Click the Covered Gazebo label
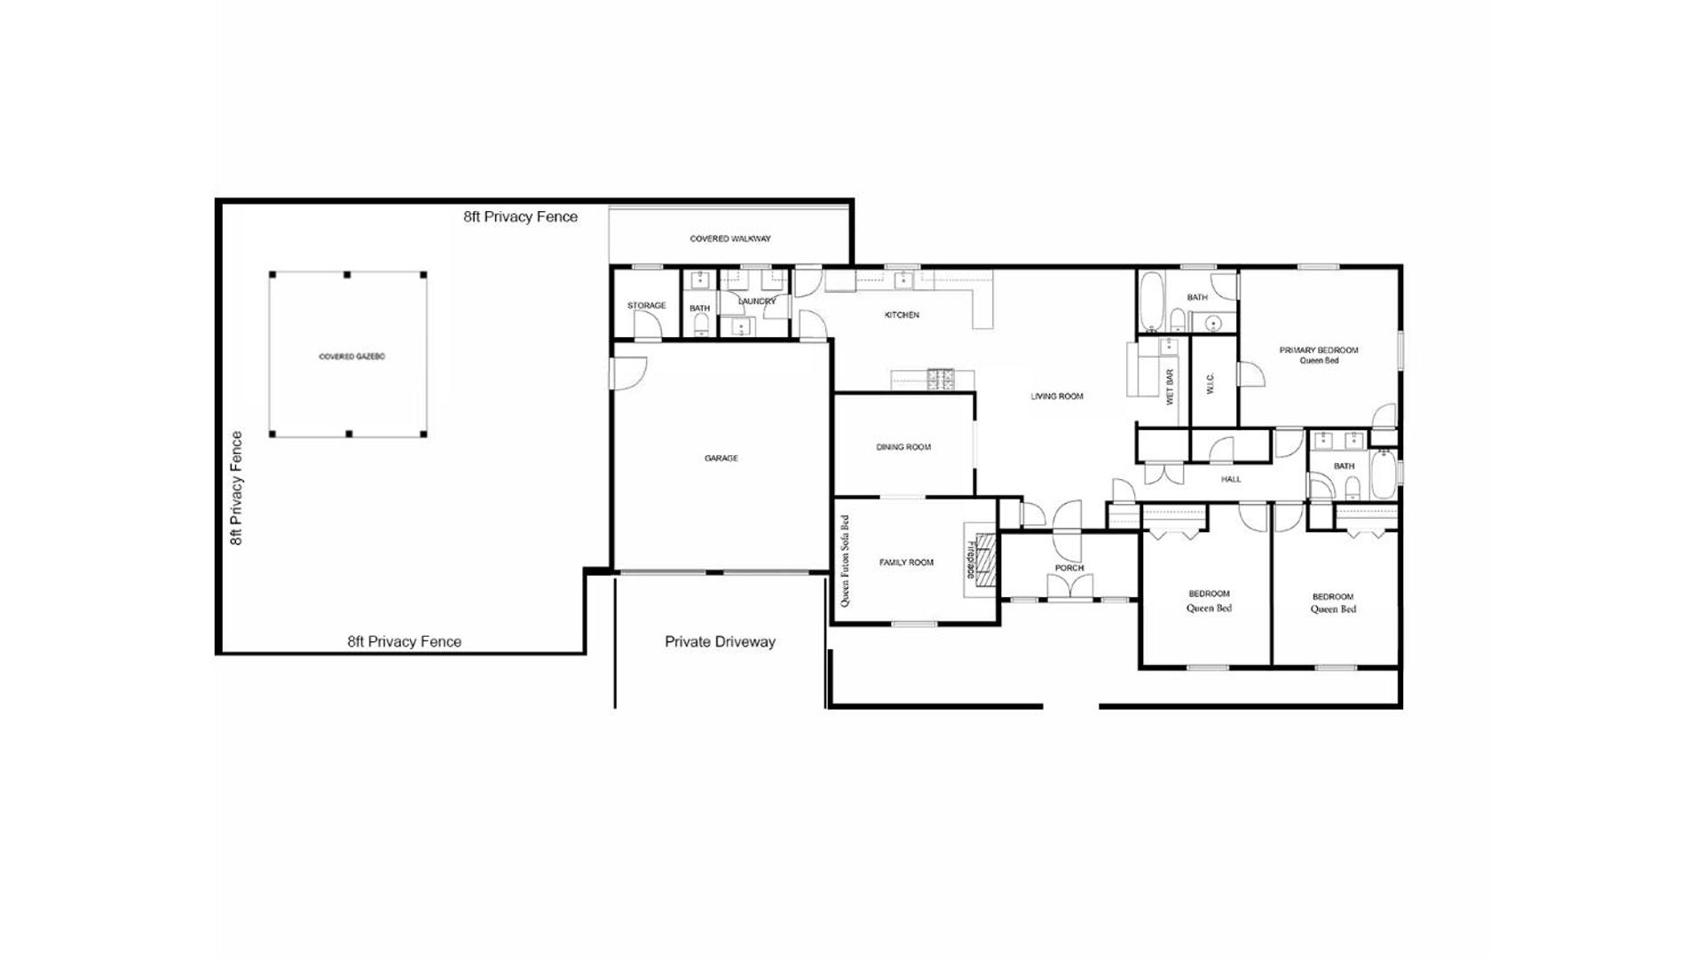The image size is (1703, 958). (351, 357)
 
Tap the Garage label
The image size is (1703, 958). (721, 459)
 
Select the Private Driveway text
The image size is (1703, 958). (720, 641)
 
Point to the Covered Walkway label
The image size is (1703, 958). (730, 239)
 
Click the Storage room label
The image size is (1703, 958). (646, 306)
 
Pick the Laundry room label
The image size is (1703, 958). (757, 302)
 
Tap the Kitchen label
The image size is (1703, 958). (902, 315)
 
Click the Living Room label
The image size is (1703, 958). (1057, 397)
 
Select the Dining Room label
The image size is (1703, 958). (903, 447)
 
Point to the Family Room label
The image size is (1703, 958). (906, 562)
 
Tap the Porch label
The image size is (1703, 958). (1069, 568)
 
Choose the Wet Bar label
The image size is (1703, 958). (1170, 387)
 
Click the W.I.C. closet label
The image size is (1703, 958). (1210, 383)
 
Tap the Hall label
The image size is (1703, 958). (1231, 479)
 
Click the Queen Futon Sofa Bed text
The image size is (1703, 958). (844, 561)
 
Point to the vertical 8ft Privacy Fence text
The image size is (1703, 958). (236, 488)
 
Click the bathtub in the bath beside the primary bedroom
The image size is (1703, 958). (1150, 302)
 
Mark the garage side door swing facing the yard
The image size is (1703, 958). (629, 373)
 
